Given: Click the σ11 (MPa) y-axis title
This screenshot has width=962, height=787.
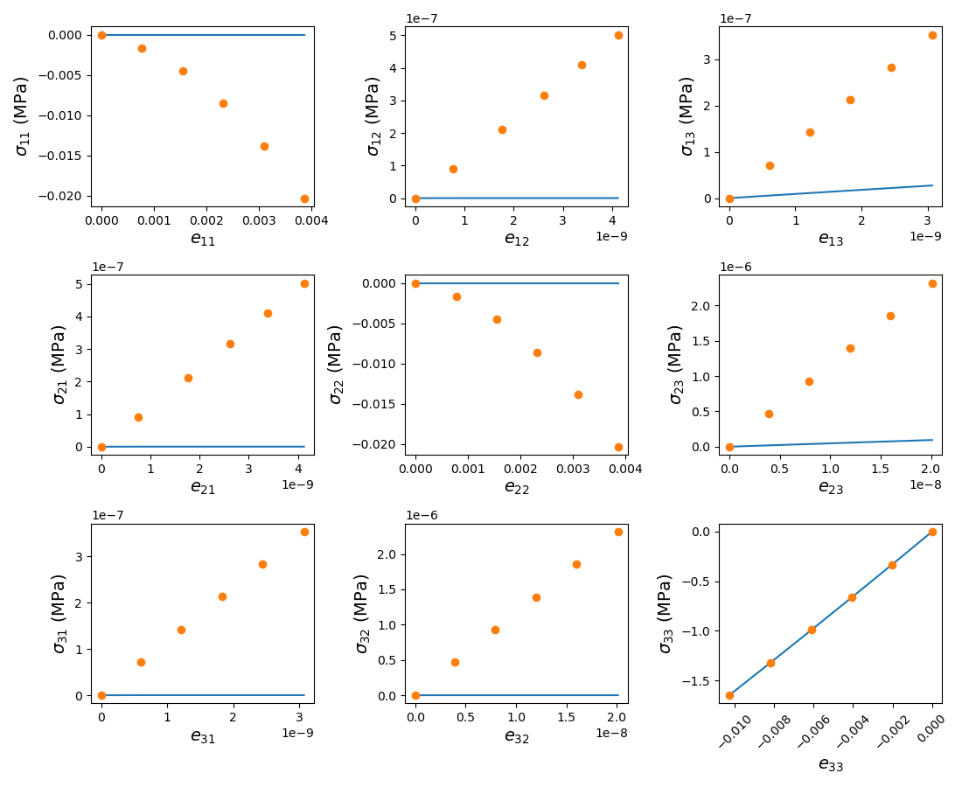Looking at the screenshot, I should (x=22, y=115).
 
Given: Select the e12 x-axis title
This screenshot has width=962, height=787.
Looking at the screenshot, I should (x=516, y=239).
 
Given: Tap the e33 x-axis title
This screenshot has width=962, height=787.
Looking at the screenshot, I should (x=830, y=764).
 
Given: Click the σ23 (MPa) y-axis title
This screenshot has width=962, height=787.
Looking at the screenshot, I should (x=676, y=365).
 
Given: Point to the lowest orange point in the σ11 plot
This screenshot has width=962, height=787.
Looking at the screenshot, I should (x=304, y=198).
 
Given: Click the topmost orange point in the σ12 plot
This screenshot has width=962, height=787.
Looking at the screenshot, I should (x=618, y=35).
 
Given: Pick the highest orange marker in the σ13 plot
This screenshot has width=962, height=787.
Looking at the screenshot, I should (x=932, y=35).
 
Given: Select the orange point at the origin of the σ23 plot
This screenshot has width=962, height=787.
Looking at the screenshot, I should (x=729, y=447).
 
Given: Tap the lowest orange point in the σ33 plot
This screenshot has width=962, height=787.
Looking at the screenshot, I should (x=729, y=695).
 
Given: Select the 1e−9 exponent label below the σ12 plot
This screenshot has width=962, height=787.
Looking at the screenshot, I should (x=612, y=236).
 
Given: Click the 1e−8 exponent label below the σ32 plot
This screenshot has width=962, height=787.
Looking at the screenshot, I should (x=612, y=733).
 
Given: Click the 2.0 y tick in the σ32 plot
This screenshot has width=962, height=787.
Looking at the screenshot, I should (x=385, y=554).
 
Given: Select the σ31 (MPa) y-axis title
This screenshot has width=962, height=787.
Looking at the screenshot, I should (x=59, y=613).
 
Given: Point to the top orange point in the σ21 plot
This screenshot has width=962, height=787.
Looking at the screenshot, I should (x=304, y=283).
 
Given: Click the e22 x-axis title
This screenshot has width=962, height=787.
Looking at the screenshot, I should (x=516, y=487).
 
